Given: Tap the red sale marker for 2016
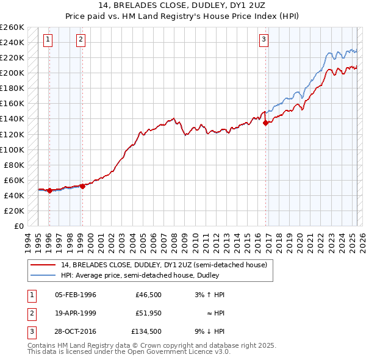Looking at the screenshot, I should pyautogui.click(x=266, y=123).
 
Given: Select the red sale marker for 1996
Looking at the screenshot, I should pyautogui.click(x=49, y=190).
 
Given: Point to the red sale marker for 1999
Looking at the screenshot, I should pyautogui.click(x=82, y=186).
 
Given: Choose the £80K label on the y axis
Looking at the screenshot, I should pyautogui.click(x=14, y=165).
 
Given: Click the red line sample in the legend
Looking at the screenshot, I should pyautogui.click(x=43, y=265).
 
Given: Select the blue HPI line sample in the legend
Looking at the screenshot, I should pyautogui.click(x=43, y=275).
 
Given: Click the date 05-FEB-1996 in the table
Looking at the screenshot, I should pyautogui.click(x=76, y=295).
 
